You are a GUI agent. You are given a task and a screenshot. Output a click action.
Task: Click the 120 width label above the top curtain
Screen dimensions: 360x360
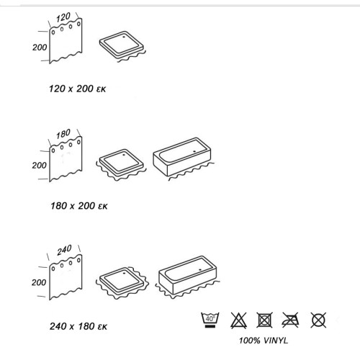[x=63, y=17]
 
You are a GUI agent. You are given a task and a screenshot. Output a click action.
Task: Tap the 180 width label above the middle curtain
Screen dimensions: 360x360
[x=63, y=134]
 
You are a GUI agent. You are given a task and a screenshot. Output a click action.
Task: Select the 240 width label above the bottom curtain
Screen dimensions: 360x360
[x=64, y=250]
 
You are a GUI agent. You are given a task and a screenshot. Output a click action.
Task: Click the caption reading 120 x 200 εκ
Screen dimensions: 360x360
[x=77, y=89]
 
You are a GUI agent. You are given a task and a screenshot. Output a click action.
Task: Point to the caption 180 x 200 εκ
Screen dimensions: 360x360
[x=79, y=206]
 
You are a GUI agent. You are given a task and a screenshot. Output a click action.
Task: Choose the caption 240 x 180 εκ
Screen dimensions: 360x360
[x=78, y=326]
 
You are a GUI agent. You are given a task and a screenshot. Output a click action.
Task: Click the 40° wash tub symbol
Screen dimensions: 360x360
[x=210, y=320]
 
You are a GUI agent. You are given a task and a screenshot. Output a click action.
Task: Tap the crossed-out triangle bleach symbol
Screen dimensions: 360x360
[x=238, y=320]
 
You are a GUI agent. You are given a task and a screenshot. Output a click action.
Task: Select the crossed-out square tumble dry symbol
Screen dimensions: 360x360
[x=264, y=320]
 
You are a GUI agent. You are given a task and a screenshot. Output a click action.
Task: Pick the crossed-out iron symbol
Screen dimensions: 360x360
[x=291, y=320]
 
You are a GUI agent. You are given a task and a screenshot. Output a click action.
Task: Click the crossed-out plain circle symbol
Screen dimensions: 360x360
[x=318, y=320]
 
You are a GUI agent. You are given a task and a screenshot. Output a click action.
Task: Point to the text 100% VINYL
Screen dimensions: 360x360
[x=264, y=341]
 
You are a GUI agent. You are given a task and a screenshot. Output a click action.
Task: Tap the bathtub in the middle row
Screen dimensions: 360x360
[x=182, y=156]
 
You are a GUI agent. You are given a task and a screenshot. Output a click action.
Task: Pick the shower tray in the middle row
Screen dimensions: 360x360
[x=122, y=163]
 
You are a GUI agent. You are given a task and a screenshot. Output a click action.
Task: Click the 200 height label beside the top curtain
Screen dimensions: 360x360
[x=40, y=48]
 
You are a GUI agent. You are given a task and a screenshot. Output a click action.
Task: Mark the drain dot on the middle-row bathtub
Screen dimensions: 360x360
[x=194, y=151]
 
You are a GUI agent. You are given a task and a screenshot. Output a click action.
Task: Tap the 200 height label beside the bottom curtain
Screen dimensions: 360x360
[x=39, y=282]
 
